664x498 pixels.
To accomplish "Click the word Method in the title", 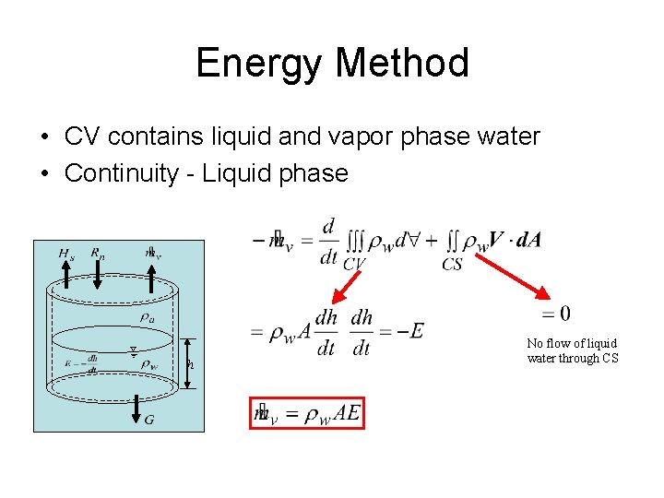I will point(403,64).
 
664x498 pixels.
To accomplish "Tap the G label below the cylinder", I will point(149,421).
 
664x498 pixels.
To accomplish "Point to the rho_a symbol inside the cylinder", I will point(147,316).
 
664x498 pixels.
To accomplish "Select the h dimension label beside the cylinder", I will point(191,364).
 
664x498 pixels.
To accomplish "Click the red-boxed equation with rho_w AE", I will point(307,413).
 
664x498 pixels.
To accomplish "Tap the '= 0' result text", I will point(556,313).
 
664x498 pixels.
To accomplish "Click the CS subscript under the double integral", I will point(452,265).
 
